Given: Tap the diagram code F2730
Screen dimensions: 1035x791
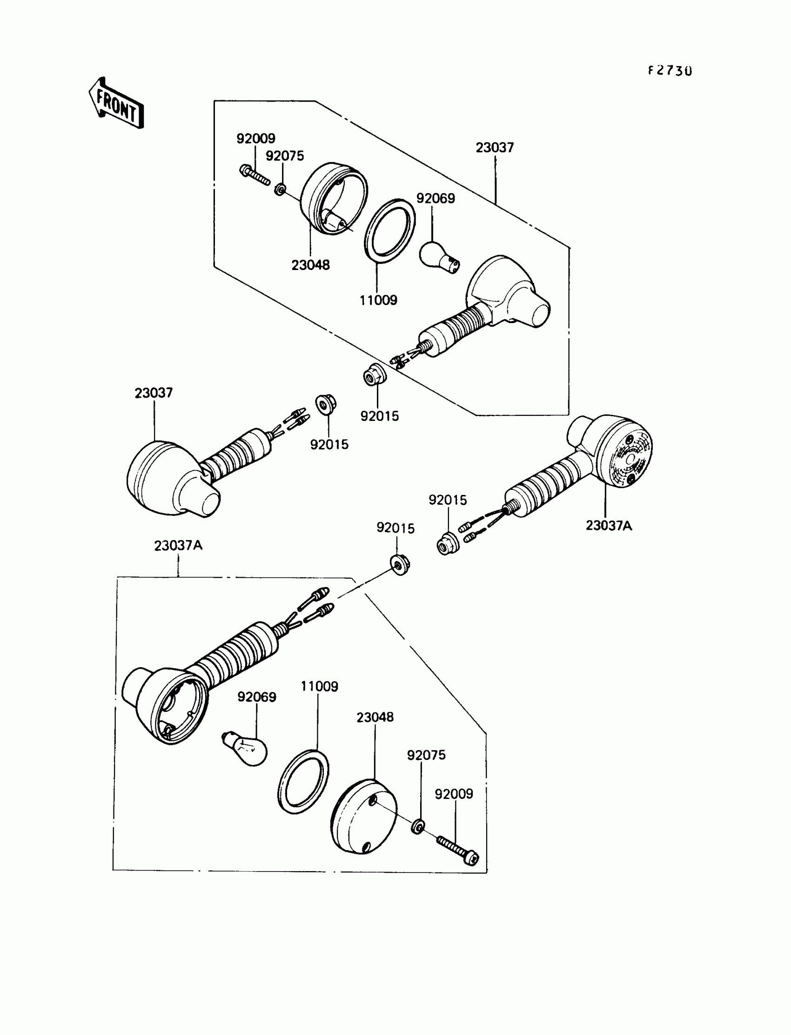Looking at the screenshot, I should pyautogui.click(x=669, y=71).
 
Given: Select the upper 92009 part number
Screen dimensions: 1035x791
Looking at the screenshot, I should pyautogui.click(x=255, y=138).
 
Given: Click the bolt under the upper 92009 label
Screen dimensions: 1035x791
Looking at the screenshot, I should pyautogui.click(x=255, y=175).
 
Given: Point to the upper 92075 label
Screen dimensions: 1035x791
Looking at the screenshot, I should pyautogui.click(x=285, y=156).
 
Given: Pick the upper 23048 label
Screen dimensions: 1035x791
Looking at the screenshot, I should pyautogui.click(x=310, y=265).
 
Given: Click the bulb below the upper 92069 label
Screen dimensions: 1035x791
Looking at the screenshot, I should pyautogui.click(x=438, y=256).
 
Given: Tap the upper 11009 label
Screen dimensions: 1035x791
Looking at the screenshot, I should pyautogui.click(x=378, y=300).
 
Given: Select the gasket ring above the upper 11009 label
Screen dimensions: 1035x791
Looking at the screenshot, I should pyautogui.click(x=389, y=231).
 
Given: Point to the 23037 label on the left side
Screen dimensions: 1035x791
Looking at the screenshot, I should pyautogui.click(x=154, y=393).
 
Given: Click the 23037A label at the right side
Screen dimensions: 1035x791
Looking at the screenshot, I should pyautogui.click(x=609, y=525).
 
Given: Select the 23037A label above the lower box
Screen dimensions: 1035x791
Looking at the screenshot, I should pyautogui.click(x=178, y=546).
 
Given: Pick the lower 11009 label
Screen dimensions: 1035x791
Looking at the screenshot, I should pyautogui.click(x=319, y=686).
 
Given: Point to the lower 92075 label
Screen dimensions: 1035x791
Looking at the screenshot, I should pyautogui.click(x=426, y=755).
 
